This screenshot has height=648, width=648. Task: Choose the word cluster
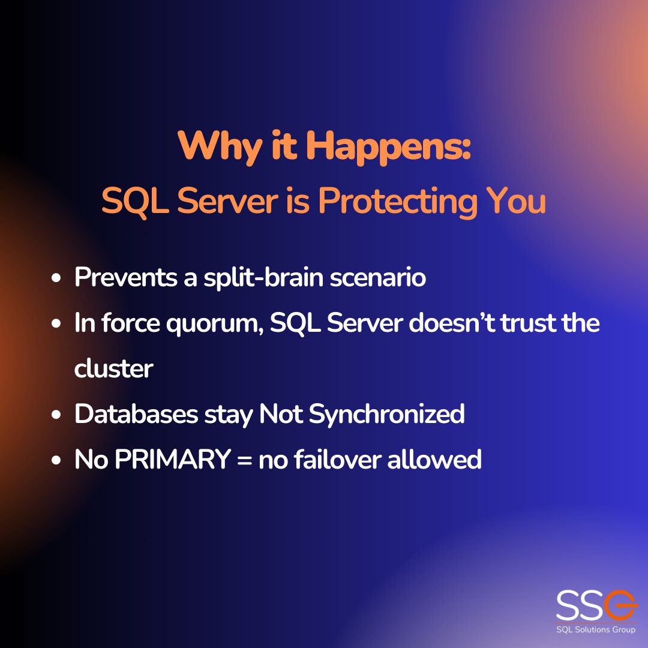(113, 368)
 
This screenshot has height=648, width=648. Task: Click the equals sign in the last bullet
(244, 460)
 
